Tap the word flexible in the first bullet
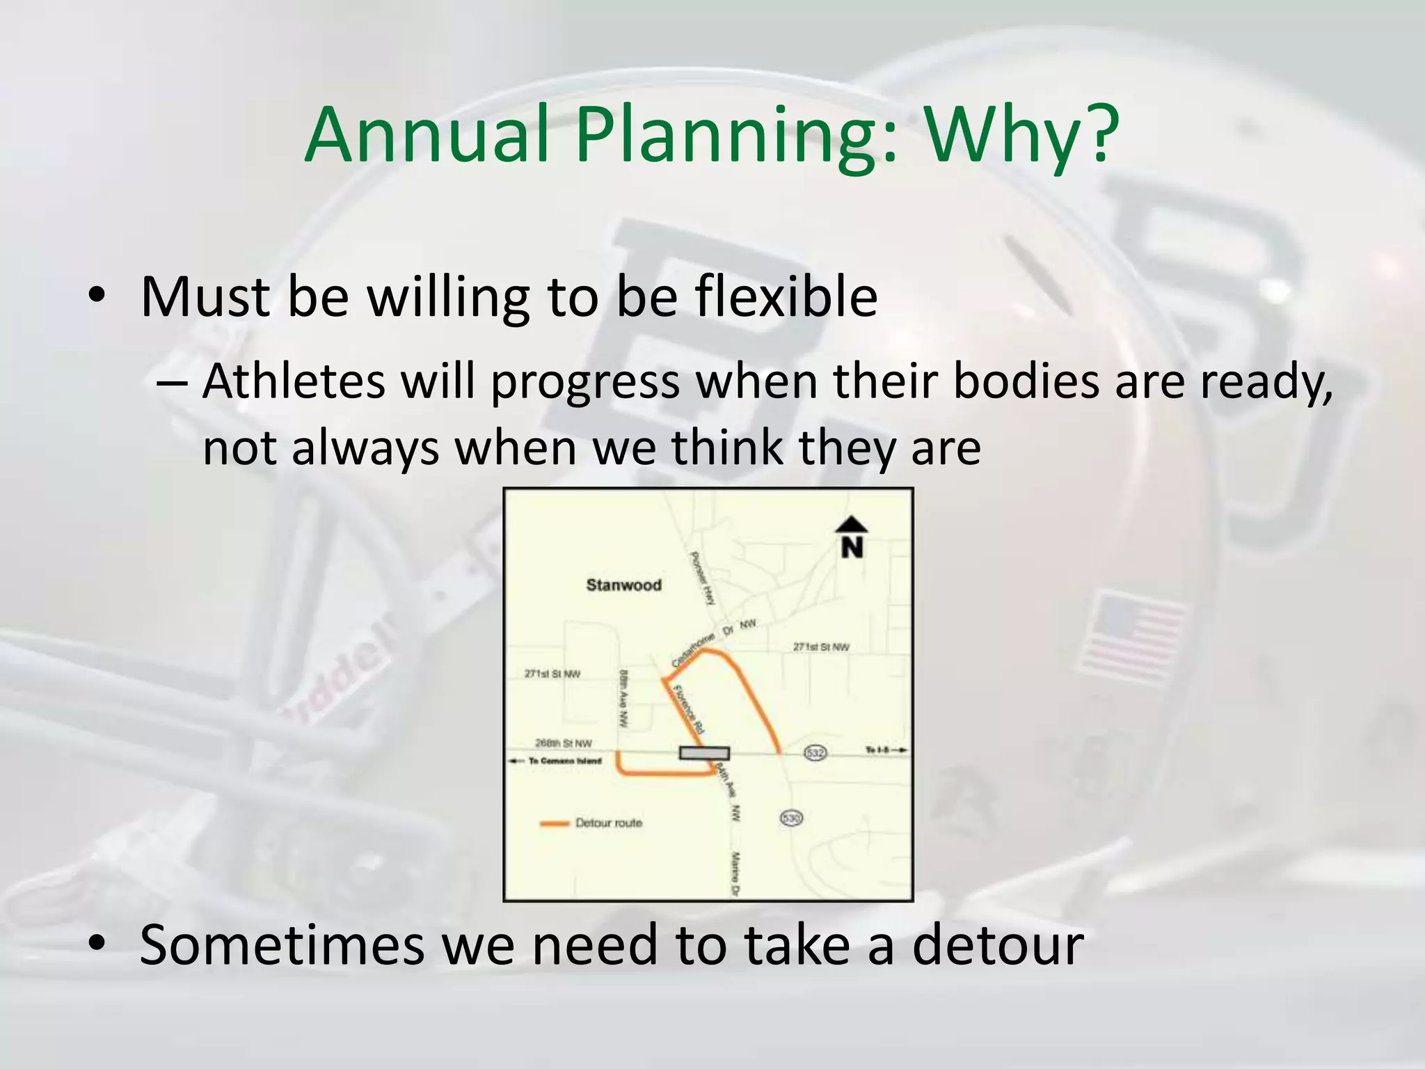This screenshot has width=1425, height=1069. pos(786,297)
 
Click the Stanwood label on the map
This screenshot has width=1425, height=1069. pos(623,585)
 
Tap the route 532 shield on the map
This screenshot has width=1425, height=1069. pos(815,752)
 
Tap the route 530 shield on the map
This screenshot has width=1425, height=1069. pos(791,818)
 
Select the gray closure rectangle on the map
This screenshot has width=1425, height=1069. pos(704,753)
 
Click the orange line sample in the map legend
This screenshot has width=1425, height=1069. pos(555,824)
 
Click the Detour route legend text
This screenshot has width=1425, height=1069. pos(609,823)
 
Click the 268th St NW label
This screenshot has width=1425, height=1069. pos(563,743)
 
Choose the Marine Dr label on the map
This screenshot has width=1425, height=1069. pos(735,873)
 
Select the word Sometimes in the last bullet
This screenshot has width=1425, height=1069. pos(282,944)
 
